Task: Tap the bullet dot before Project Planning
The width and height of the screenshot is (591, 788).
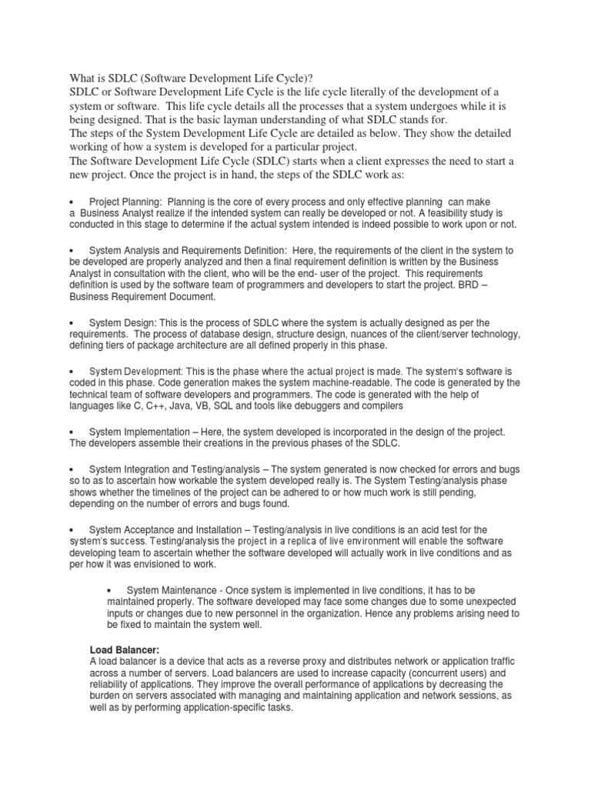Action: (70, 201)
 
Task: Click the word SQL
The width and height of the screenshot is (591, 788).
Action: (219, 406)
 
